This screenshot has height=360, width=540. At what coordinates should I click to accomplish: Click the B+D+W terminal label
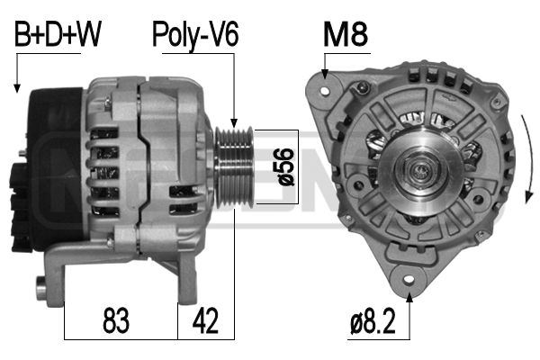58,34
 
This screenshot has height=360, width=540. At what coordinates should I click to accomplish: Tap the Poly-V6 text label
195,35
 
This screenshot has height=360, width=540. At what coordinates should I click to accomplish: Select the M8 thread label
346,35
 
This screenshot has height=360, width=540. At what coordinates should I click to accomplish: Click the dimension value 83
116,320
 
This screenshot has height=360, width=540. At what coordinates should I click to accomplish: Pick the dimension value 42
205,320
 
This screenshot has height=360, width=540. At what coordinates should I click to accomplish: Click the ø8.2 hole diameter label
373,321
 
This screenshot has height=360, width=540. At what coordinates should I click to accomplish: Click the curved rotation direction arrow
527,159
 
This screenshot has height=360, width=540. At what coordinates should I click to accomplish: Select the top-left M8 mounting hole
325,91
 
